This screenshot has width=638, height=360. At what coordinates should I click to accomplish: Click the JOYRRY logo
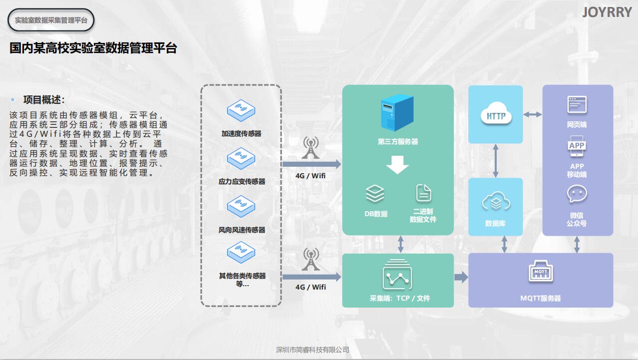[607, 12]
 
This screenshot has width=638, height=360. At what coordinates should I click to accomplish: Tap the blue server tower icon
[397, 114]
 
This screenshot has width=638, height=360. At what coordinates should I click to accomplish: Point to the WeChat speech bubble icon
[577, 194]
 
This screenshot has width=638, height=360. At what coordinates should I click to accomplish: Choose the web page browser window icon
[577, 105]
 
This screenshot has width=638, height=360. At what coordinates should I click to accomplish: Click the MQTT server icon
[541, 273]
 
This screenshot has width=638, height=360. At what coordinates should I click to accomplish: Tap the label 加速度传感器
[241, 134]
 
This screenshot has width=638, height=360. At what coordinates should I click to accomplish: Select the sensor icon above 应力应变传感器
[241, 158]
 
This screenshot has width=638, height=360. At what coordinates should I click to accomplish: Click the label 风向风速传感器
[242, 230]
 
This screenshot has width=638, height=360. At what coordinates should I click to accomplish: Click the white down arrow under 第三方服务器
[397, 164]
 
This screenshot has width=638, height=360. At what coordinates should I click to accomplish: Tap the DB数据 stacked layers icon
[375, 194]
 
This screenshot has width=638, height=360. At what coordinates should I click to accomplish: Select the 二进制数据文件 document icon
[423, 193]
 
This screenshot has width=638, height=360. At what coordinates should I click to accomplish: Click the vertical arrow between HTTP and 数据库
[496, 161]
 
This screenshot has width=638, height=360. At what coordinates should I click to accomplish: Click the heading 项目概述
[44, 100]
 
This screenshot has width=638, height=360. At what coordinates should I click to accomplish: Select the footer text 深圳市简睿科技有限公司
[313, 350]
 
